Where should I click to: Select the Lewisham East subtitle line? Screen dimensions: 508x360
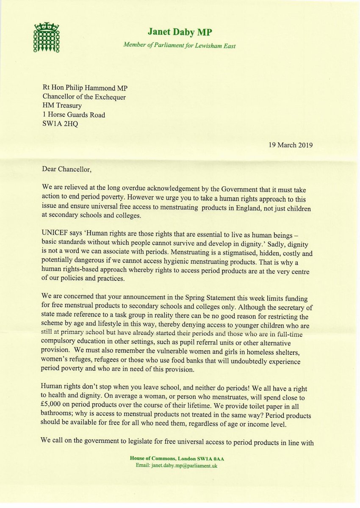[180, 46]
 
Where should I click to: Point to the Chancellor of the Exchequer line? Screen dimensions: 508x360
[84, 97]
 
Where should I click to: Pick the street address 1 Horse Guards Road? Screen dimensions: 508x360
[74, 115]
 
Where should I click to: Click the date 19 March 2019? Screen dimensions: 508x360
[291, 145]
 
